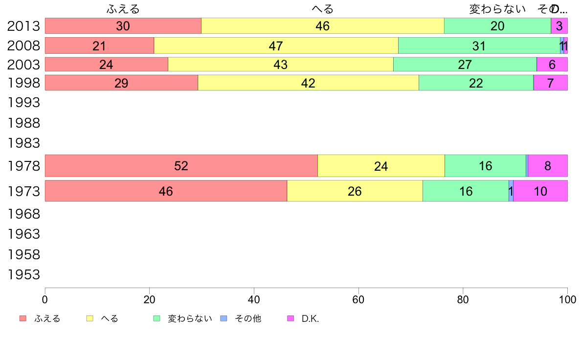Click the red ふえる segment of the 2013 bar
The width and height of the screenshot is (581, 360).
pos(123,26)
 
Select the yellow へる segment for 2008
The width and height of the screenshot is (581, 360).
pos(276,45)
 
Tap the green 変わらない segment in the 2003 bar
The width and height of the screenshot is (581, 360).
pos(465,65)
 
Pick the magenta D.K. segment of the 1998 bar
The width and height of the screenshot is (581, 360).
pos(550,83)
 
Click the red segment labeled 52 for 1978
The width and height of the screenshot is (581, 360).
pos(181,166)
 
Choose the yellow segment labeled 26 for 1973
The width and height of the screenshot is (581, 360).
pos(355,191)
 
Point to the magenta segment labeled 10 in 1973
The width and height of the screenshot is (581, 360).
pos(540,191)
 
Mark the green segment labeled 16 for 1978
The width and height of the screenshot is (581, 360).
pos(485,166)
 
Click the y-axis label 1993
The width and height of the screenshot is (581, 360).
pos(23,103)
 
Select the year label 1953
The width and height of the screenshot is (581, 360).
pos(23,275)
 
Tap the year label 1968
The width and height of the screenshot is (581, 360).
pos(23,214)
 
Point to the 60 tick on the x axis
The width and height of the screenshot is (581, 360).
pos(358,299)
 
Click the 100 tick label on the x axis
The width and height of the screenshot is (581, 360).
pos(567,299)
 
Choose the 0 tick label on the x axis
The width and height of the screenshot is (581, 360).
pos(45,299)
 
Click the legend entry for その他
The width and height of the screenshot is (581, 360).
pos(247,319)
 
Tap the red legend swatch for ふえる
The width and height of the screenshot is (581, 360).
pos(23,318)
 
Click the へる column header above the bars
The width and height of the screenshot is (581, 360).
pos(322,9)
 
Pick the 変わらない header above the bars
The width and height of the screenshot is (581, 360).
pos(497,9)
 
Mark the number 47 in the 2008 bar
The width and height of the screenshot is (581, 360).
pos(276,45)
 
